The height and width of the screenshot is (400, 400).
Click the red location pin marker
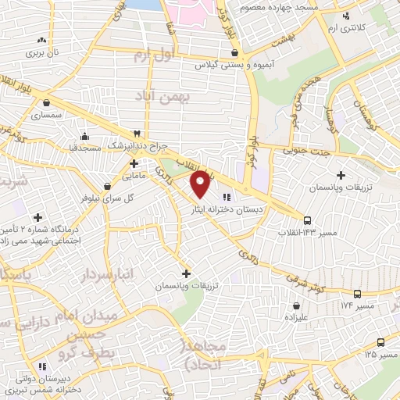coord(200,184)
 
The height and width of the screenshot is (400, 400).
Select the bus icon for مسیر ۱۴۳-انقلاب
coord(307,220)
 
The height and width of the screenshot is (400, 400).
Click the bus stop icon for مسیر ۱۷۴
coord(357,294)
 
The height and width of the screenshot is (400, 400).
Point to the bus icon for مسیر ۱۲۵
coord(380,342)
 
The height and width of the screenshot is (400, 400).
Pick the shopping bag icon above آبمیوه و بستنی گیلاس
coord(234,53)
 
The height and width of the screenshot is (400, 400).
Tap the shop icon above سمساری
coord(47,102)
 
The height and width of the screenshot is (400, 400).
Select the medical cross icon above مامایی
coord(134,163)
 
